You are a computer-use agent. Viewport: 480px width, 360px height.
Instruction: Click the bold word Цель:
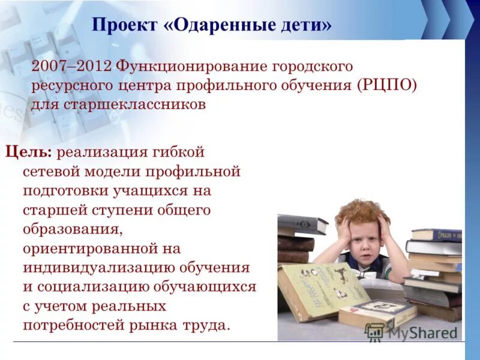tap(29, 152)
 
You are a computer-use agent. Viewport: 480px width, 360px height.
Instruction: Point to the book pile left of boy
tap(297, 240)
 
